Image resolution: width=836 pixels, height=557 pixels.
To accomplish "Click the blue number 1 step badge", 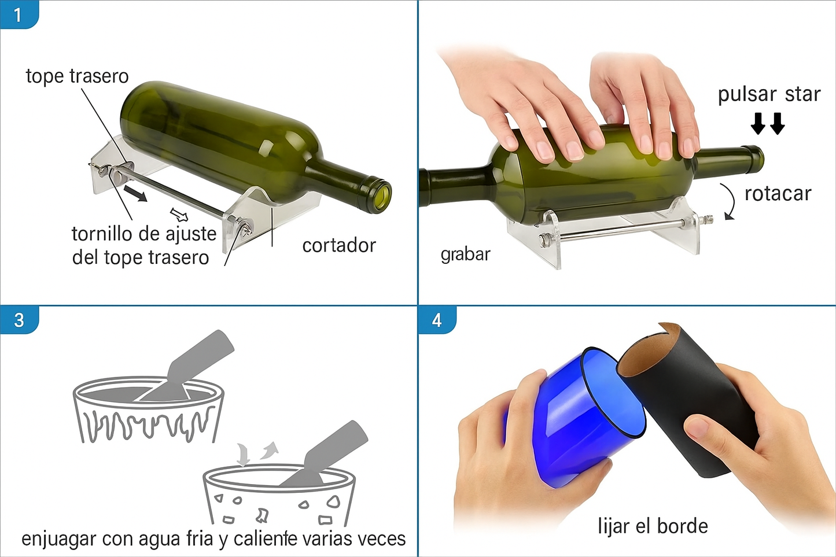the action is tap(19, 14).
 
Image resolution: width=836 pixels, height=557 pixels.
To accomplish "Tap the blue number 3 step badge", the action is tap(19, 320).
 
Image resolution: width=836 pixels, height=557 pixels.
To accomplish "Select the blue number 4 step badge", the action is tap(437, 320).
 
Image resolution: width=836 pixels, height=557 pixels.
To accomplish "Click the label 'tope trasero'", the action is tap(78, 76).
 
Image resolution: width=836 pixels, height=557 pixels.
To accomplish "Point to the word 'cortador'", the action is tap(339, 246).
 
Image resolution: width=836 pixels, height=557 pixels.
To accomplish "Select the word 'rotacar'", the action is tap(778, 194).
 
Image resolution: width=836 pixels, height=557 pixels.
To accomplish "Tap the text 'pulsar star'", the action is tap(769, 95).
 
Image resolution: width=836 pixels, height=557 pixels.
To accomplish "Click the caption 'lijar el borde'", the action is tap(653, 526).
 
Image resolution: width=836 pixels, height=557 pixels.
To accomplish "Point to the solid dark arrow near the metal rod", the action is tap(135, 193).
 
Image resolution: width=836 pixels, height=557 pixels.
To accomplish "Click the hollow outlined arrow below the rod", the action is tap(179, 215).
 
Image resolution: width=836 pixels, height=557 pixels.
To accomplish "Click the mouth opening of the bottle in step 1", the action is tap(382, 197).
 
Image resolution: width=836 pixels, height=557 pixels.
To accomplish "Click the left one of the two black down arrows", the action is tap(758, 123).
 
